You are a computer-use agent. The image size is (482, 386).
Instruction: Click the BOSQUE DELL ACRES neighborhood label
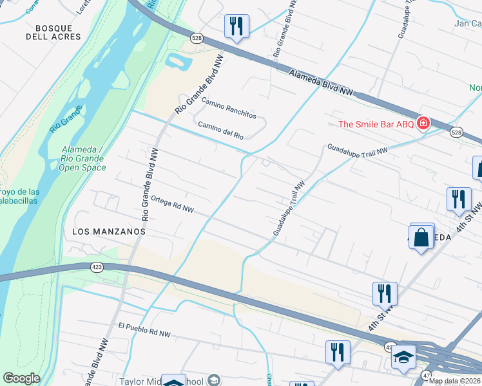click(x=58, y=32)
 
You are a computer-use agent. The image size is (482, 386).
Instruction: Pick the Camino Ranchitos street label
click(x=229, y=109)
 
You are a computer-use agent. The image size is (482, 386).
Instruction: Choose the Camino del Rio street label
click(x=220, y=131)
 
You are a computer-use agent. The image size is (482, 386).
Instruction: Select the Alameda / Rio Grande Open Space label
click(x=87, y=158)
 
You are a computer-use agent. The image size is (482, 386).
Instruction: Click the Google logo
click(x=21, y=378)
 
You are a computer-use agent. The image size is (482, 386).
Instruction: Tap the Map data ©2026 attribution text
click(x=454, y=381)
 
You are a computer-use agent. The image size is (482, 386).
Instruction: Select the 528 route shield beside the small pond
click(x=197, y=39)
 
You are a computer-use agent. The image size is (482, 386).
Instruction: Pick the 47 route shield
click(x=425, y=374)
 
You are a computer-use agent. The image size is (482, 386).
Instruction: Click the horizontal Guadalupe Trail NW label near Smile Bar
click(x=358, y=149)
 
